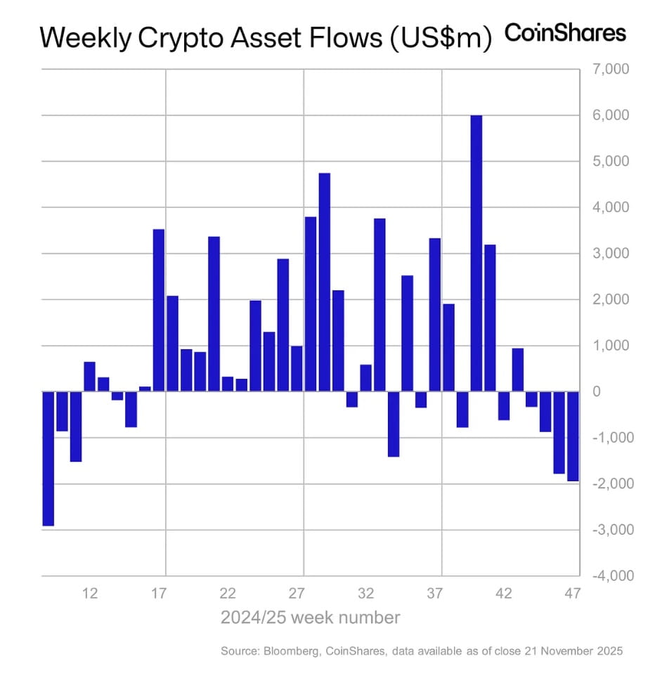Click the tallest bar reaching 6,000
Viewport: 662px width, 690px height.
(x=476, y=253)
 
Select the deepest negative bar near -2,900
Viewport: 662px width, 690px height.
(x=48, y=458)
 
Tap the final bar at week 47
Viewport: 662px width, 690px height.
(x=573, y=436)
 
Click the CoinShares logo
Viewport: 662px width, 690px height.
(x=565, y=33)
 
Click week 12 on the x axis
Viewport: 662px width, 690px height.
(x=89, y=594)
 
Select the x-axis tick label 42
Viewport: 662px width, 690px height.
(x=504, y=594)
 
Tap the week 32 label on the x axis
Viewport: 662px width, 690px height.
(x=366, y=594)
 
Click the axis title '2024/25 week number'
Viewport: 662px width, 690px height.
(x=310, y=618)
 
